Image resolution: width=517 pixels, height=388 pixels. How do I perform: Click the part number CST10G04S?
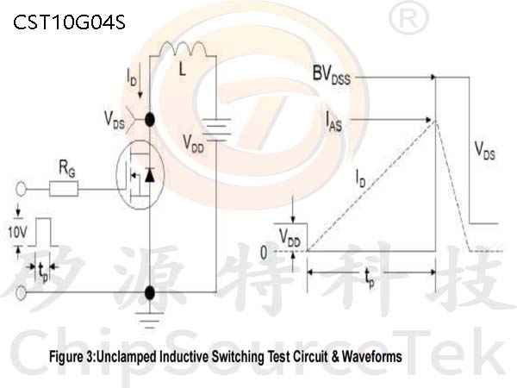[x=69, y=22]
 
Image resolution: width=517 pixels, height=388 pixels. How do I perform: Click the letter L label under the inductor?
[x=182, y=69]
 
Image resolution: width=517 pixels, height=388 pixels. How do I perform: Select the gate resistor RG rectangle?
[x=64, y=189]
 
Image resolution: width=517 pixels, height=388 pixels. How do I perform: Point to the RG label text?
[x=67, y=169]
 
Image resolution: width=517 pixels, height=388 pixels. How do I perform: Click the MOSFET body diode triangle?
[x=150, y=176]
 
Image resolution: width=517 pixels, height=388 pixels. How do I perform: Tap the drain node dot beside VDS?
[x=150, y=120]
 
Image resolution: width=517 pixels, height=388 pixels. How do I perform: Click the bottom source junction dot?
[x=150, y=292]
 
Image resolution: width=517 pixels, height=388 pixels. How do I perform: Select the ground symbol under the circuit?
[x=150, y=320]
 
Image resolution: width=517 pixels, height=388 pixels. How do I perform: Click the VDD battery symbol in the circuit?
[x=216, y=129]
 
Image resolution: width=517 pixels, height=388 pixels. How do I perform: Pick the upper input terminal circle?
[x=21, y=189]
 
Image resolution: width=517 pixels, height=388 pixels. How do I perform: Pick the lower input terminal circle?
[x=21, y=292]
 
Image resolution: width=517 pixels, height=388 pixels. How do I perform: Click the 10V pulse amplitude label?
[x=17, y=232]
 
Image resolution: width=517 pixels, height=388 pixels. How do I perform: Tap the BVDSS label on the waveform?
[x=332, y=75]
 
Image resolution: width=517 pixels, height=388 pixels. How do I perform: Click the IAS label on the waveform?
[x=333, y=122]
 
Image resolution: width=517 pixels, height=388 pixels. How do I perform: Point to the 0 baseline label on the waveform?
[x=264, y=253]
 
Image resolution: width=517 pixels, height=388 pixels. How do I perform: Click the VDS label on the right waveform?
[x=484, y=150]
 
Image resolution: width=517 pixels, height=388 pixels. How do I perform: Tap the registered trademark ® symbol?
[x=408, y=18]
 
